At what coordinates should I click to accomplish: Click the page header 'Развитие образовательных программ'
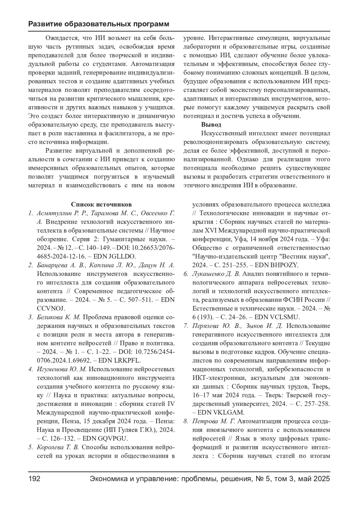[99, 24]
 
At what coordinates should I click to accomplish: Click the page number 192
[34, 479]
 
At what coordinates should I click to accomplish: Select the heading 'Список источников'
[101, 205]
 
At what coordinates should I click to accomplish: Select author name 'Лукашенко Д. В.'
[216, 274]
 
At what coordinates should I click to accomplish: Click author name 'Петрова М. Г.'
[214, 421]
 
